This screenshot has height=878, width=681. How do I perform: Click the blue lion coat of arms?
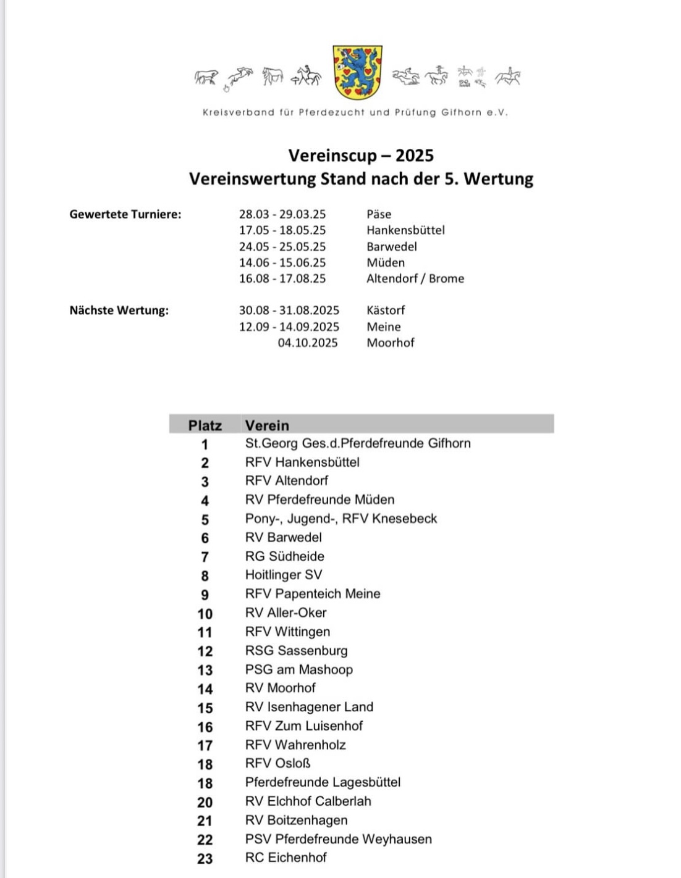pos(358,72)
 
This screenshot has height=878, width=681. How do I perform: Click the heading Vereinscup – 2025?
pos(361,156)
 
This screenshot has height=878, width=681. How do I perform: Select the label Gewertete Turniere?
pos(125,214)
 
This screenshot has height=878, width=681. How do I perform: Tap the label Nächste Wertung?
pos(119,311)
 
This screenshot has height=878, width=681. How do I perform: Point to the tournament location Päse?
pos(379,214)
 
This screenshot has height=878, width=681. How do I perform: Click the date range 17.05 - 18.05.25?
pos(282,230)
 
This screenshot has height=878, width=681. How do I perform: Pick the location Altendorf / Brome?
pos(415,278)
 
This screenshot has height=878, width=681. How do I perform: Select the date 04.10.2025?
pos(308,343)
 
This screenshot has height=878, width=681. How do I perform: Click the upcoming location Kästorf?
pos(386,311)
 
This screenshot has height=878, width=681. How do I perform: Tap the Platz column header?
pos(205,425)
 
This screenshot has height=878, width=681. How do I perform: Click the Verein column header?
pos(267,425)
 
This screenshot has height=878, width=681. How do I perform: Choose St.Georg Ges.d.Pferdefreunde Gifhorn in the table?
pos(358,443)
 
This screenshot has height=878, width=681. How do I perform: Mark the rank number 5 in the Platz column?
pos(205,520)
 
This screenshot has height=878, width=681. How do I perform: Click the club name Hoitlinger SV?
pos(284,575)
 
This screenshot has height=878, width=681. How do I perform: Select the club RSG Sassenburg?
pos(297,651)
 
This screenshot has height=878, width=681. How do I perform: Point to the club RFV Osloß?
pos(278,764)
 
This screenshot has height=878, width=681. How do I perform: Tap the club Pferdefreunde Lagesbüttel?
pos(323,782)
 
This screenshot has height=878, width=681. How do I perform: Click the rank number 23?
pos(205,859)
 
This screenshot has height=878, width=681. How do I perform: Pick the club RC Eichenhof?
pos(286,858)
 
